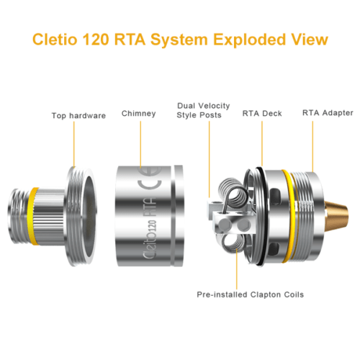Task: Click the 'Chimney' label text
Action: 139,113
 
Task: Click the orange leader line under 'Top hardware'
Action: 73,144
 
